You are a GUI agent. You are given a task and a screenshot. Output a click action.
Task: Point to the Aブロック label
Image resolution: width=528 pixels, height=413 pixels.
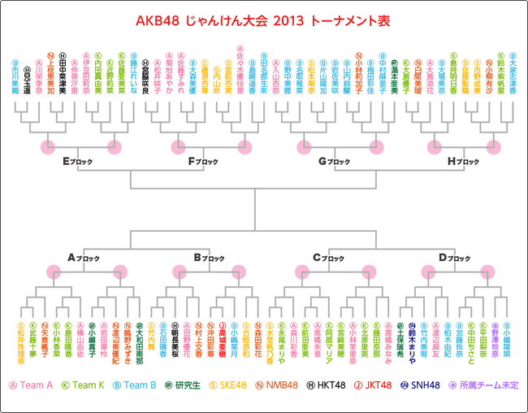[84, 258]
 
